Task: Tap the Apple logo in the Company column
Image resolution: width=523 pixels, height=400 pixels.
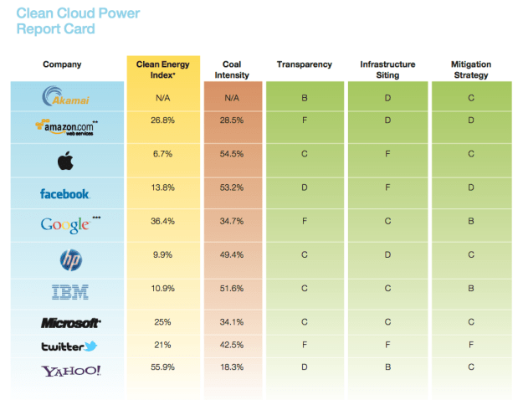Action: click(65, 159)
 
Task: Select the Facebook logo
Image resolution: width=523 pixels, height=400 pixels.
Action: click(65, 194)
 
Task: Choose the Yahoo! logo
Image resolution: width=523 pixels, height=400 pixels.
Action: click(65, 370)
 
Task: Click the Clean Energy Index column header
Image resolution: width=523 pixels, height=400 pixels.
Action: click(163, 69)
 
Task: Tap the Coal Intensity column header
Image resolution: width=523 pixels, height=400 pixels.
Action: click(232, 69)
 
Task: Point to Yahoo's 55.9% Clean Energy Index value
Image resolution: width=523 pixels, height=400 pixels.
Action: click(163, 367)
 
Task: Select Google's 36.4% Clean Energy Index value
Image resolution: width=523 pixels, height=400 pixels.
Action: click(163, 222)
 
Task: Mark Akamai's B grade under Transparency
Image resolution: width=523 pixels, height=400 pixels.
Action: click(305, 98)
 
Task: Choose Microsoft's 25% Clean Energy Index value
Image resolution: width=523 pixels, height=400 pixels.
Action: click(163, 321)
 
